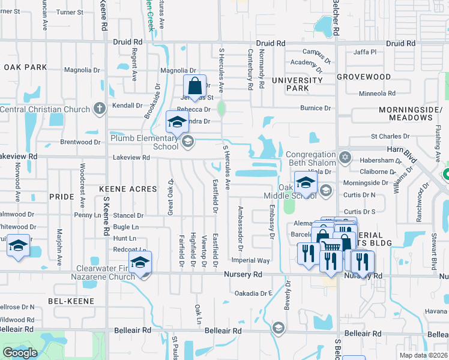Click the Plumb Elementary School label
point(144,142)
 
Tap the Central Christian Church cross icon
point(100,109)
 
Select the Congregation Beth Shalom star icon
point(344,158)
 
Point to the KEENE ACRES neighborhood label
point(128,189)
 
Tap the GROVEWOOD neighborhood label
point(364,77)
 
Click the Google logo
point(20,353)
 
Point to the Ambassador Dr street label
point(240,228)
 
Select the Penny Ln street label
point(88,215)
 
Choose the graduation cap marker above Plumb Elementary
point(177,122)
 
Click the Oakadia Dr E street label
point(254,293)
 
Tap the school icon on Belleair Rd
point(278,327)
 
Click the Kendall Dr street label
point(127,105)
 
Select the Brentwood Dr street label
point(80,142)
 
